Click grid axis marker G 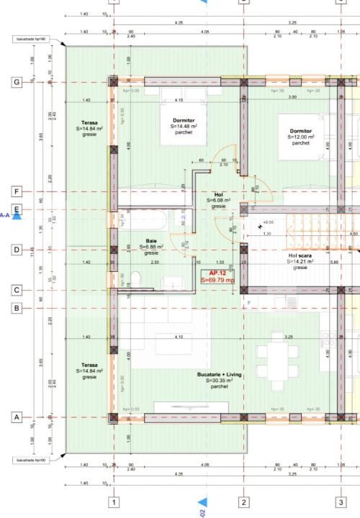click(17, 83)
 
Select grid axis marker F click(17, 192)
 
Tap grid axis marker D click(17, 250)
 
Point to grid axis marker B click(17, 309)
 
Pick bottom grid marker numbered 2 click(244, 502)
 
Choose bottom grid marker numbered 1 click(113, 502)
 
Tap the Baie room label click(151, 247)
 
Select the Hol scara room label click(300, 261)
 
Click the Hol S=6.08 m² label click(219, 199)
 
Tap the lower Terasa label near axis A click(89, 371)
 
